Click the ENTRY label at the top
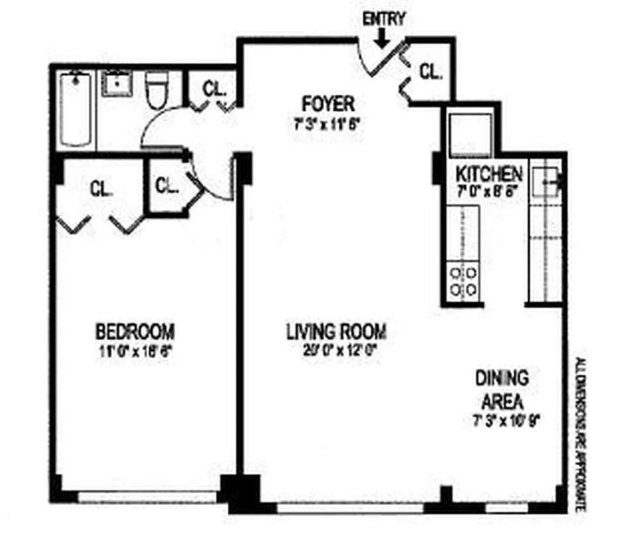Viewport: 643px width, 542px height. click(383, 19)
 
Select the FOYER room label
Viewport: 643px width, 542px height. click(328, 104)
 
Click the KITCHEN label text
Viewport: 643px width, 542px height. click(489, 173)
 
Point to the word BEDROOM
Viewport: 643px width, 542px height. click(136, 332)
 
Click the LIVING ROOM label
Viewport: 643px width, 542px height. click(336, 332)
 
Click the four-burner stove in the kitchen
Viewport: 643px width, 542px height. click(463, 280)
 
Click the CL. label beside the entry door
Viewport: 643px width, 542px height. click(430, 70)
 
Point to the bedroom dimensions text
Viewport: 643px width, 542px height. click(136, 351)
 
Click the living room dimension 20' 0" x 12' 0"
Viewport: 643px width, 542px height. click(336, 351)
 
